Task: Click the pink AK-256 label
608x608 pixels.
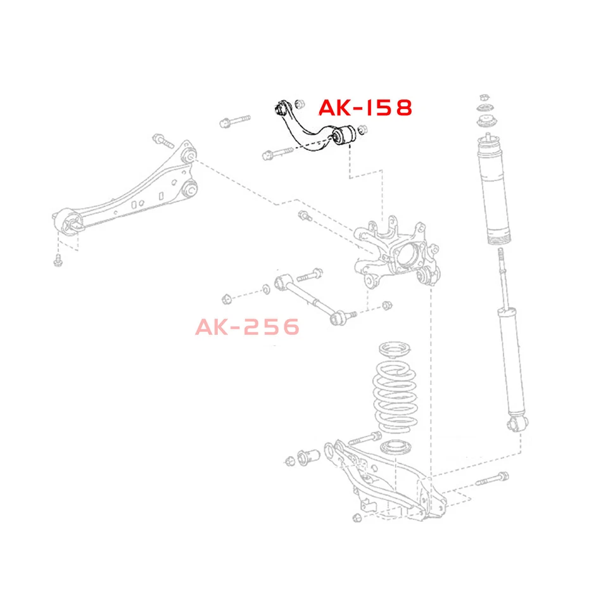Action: pos(247,327)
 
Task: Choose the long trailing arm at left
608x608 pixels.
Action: pos(127,190)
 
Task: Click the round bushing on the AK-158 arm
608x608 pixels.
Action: pos(348,135)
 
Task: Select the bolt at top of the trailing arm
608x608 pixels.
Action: pos(160,139)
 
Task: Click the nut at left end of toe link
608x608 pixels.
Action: pos(225,297)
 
